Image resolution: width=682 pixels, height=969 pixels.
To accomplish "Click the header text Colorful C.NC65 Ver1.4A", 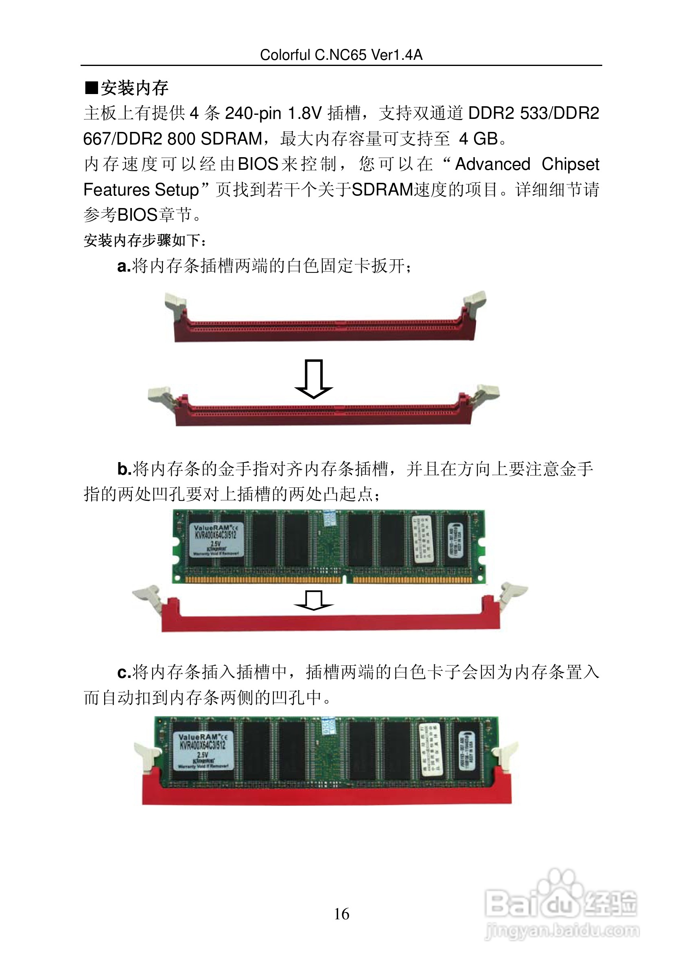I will tap(341, 55).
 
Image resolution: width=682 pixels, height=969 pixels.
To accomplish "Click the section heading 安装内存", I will tap(134, 88).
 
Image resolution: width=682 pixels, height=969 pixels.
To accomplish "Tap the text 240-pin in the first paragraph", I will tap(253, 114).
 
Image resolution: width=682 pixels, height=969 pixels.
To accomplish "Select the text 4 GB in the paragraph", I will tap(478, 139).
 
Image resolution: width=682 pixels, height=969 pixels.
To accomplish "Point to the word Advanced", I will tap(493, 164).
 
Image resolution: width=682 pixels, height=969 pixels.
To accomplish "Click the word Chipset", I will tap(570, 164).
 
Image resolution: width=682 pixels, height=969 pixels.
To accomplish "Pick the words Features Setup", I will tap(141, 190).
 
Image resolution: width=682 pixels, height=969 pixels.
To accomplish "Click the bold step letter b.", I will tap(124, 469).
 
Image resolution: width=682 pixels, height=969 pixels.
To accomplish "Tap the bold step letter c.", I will tap(123, 672).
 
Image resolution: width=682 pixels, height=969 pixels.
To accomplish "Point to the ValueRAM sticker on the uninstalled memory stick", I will tap(216, 540).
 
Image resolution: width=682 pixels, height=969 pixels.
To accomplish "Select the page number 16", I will tap(341, 914).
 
